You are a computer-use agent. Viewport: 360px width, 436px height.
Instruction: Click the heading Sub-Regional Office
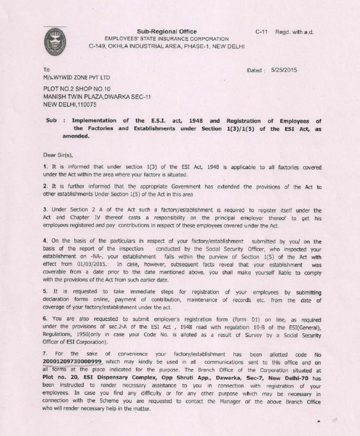(x=167, y=32)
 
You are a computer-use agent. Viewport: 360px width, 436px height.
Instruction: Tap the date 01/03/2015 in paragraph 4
(x=89, y=265)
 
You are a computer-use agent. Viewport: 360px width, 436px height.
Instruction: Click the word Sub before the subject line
(x=52, y=120)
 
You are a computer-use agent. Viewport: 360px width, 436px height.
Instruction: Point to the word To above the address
(x=47, y=70)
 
